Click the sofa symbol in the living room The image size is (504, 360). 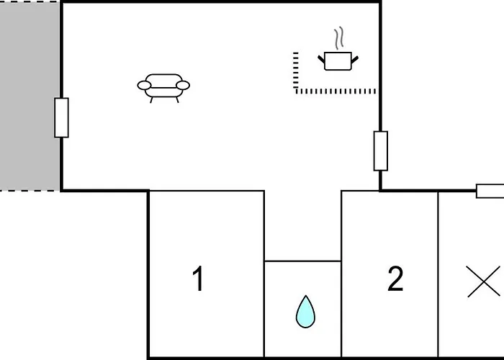(163, 86)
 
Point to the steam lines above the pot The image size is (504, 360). (338, 38)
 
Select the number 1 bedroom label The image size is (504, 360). (198, 279)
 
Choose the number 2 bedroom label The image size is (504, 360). (395, 279)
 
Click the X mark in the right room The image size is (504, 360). (483, 281)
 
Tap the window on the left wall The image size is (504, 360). (61, 117)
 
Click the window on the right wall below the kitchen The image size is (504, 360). (381, 150)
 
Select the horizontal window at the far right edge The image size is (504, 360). (490, 191)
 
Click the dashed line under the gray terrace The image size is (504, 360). (30, 191)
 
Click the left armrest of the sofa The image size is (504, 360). (144, 86)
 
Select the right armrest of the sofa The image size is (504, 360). (183, 86)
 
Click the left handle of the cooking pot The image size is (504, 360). (321, 57)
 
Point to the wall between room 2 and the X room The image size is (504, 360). (438, 274)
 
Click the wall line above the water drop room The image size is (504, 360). (302, 261)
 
